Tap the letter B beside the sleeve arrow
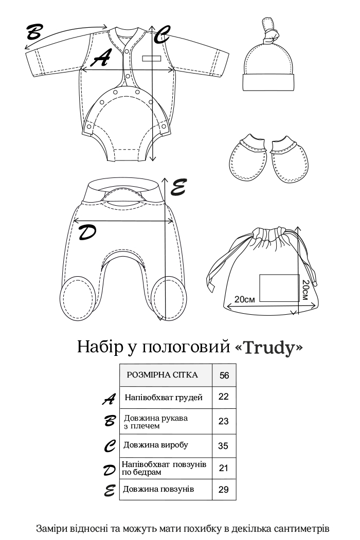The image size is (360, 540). coord(34,32)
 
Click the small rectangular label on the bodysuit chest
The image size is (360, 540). coord(152,58)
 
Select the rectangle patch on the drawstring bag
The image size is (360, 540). coord(279,287)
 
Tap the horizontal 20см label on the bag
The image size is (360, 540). coord(245,299)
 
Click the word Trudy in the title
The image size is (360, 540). coord(270,348)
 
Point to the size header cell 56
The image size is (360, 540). coord(224,375)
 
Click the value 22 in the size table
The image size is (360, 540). coord(224,397)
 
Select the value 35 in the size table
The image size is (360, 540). coord(223,446)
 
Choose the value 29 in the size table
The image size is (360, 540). coord(224,489)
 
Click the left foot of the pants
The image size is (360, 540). coord(78,300)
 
